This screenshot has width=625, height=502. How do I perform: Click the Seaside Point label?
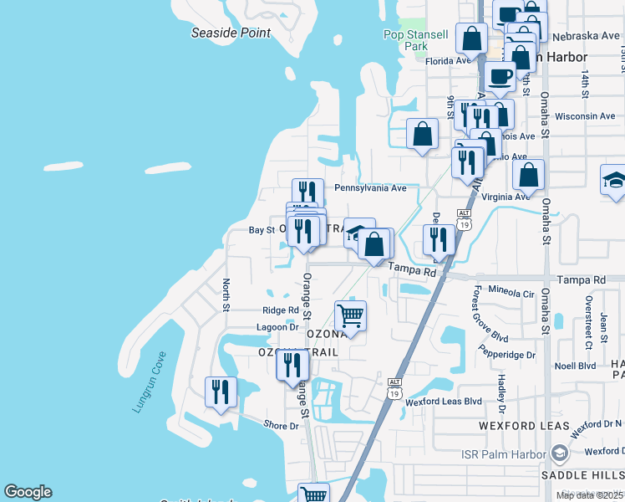pyautogui.click(x=231, y=33)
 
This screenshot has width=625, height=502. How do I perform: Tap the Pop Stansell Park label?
pyautogui.click(x=416, y=40)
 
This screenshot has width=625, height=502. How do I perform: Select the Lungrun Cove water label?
pyautogui.click(x=150, y=382)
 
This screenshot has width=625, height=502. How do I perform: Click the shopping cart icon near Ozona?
pyautogui.click(x=350, y=316)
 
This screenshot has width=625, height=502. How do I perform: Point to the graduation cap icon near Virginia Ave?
pyautogui.click(x=613, y=181)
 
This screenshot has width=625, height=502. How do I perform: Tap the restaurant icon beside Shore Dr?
pyautogui.click(x=221, y=392)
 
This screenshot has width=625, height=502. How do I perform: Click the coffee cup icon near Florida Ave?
pyautogui.click(x=500, y=76)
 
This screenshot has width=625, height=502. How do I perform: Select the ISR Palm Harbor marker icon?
pyautogui.click(x=559, y=454)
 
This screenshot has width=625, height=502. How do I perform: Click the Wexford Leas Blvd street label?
pyautogui.click(x=444, y=402)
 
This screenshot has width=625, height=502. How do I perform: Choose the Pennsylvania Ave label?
pyautogui.click(x=370, y=188)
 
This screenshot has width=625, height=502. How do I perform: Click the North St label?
pyautogui.click(x=226, y=295)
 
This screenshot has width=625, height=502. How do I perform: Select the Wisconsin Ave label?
pyautogui.click(x=585, y=116)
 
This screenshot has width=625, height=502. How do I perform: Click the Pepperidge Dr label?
pyautogui.click(x=508, y=355)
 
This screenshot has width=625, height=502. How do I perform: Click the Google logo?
pyautogui.click(x=28, y=492)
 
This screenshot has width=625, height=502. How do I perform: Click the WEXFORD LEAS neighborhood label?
pyautogui.click(x=524, y=426)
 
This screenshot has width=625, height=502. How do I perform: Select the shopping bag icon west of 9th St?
pyautogui.click(x=423, y=133)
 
